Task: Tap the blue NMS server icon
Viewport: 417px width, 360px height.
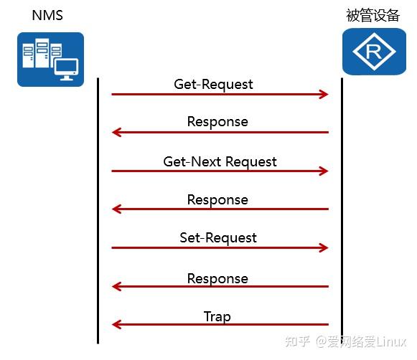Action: tap(50, 60)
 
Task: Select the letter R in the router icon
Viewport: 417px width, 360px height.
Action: tap(369, 52)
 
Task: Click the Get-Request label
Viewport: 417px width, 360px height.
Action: tap(214, 84)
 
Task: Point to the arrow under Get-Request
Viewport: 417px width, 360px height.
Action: tap(220, 95)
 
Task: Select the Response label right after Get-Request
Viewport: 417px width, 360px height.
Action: tap(217, 121)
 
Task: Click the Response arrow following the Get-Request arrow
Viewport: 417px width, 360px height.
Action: tap(220, 133)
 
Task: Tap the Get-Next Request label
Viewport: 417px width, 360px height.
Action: tap(220, 161)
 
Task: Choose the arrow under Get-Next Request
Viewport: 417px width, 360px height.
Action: tap(220, 171)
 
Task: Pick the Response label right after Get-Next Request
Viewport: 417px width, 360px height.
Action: tap(217, 199)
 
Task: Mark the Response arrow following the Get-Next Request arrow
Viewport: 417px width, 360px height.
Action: tap(220, 209)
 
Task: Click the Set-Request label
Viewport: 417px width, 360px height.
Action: tap(218, 237)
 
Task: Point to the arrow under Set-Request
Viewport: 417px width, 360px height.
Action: tap(220, 248)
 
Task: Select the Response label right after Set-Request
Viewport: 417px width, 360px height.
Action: tap(217, 278)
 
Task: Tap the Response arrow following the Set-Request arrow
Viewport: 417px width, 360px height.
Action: tap(220, 287)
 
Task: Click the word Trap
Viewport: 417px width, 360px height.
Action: tap(217, 316)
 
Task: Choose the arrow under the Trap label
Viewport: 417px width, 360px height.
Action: tap(220, 326)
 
